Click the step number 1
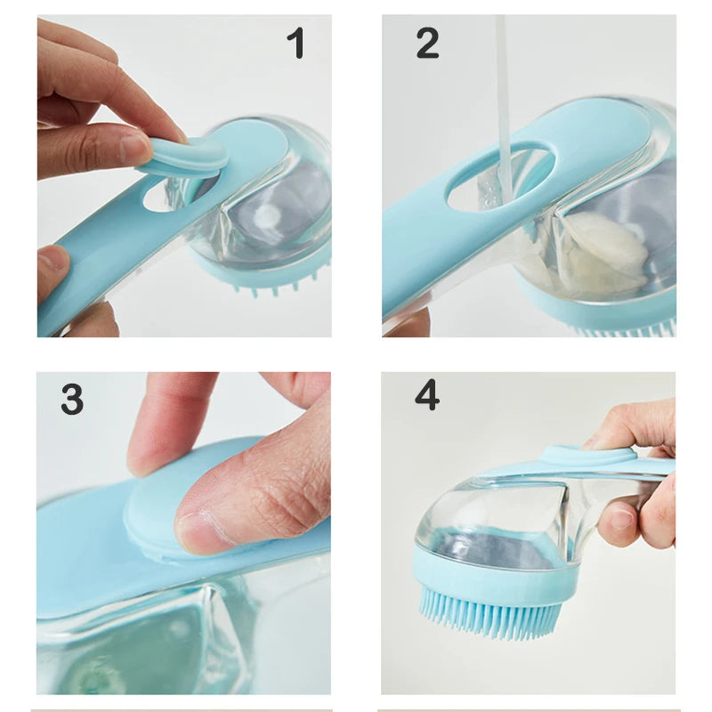tap(295, 44)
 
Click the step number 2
tap(427, 43)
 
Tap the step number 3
tap(72, 400)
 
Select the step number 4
tap(427, 394)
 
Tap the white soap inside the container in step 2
tap(605, 249)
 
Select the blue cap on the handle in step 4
tap(587, 456)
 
